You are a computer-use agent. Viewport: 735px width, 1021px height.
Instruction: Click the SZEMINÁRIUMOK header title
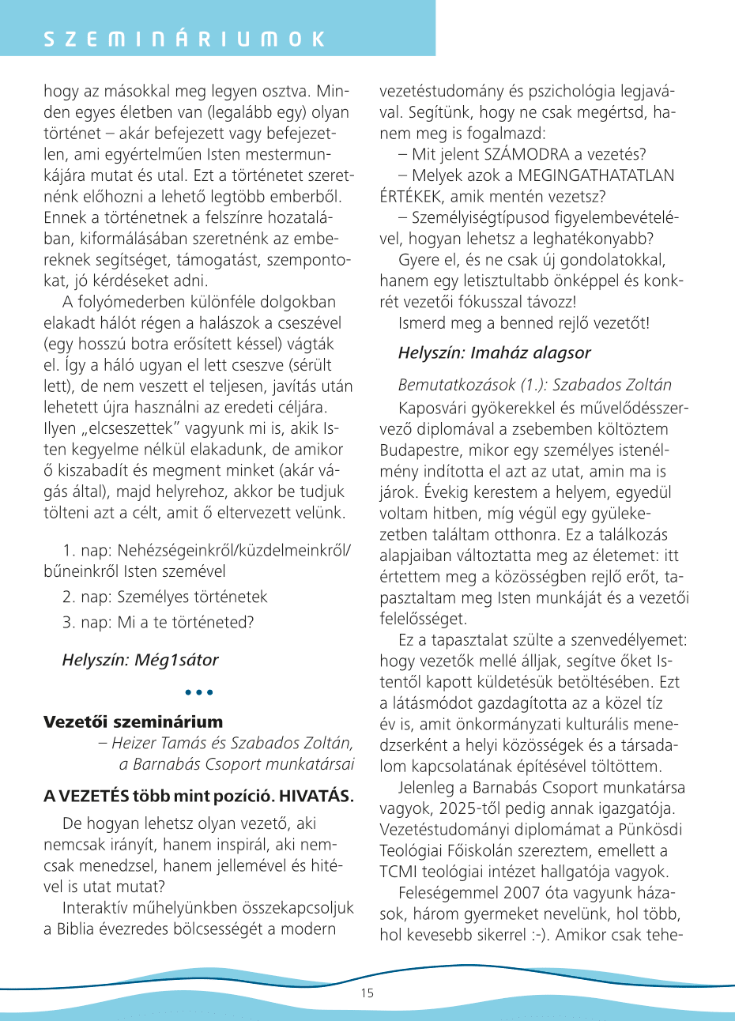183,40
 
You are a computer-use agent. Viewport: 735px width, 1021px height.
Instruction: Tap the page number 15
367,993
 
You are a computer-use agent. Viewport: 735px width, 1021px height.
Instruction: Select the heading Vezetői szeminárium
133,721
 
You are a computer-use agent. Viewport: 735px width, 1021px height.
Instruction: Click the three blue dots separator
199,692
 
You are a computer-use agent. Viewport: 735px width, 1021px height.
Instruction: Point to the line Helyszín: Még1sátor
140,659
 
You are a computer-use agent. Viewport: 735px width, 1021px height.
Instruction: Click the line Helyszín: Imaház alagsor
494,352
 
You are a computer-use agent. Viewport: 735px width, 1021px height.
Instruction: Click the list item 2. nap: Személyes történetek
164,597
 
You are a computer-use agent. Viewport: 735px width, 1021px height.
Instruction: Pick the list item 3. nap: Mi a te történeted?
158,622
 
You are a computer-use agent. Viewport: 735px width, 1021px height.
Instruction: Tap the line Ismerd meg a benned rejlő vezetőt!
524,322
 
